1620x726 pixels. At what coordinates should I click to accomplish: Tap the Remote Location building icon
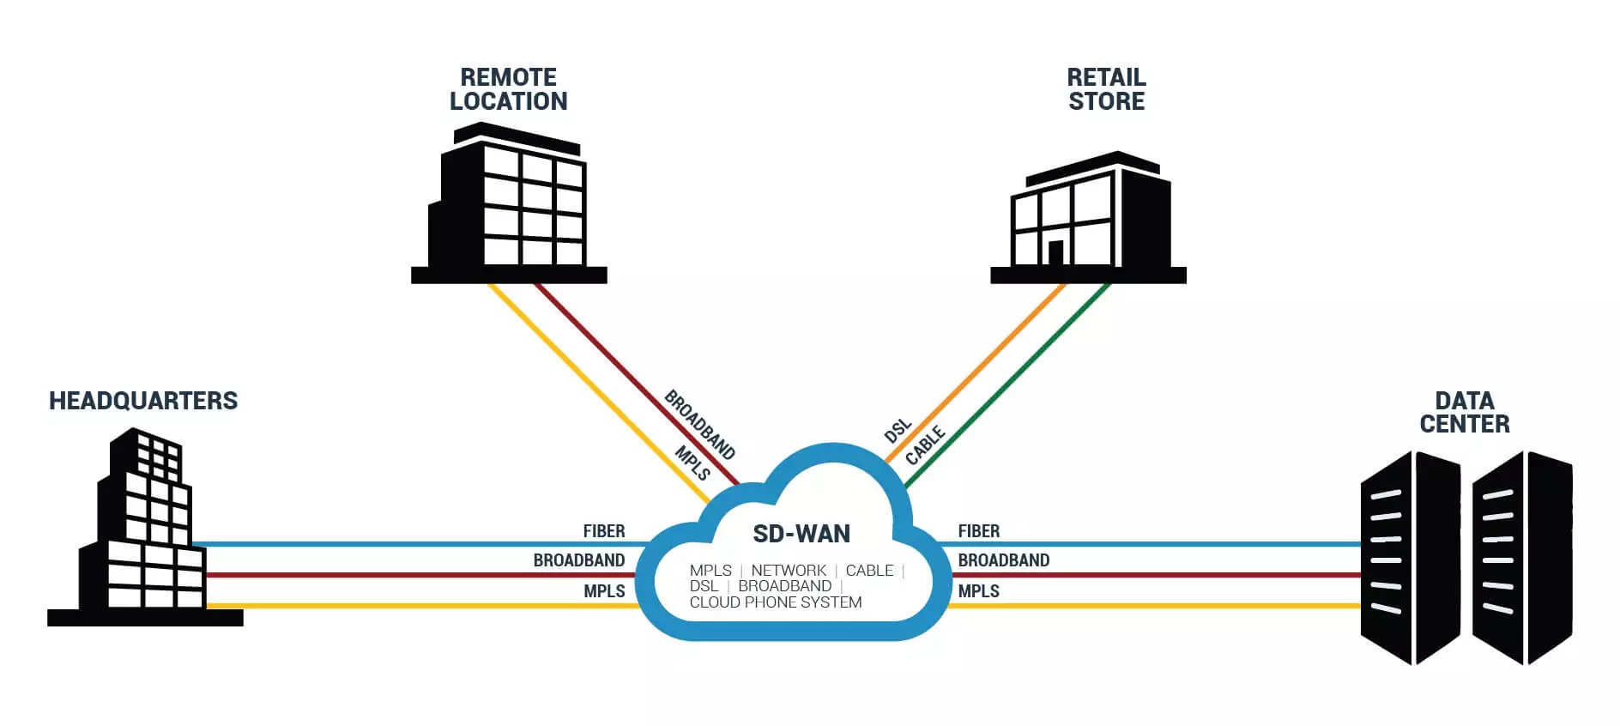(x=509, y=203)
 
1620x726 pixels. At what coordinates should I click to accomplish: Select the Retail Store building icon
(x=1088, y=217)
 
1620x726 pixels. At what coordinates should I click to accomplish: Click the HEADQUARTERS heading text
(x=143, y=401)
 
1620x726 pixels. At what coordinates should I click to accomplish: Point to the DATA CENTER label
(x=1465, y=412)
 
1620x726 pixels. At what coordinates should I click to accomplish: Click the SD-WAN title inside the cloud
(x=801, y=534)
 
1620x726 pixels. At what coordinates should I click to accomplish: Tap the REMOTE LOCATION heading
(x=509, y=89)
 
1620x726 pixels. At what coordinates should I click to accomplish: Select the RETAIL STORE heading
(x=1106, y=89)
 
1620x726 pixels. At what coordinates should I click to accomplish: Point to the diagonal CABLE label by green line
(x=925, y=445)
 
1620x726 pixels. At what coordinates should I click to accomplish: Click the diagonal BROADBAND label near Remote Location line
(x=700, y=425)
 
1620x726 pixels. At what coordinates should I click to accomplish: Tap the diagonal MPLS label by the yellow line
(x=692, y=463)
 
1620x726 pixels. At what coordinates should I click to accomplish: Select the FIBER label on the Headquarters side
(x=604, y=531)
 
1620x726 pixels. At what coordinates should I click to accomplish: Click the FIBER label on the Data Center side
(x=979, y=531)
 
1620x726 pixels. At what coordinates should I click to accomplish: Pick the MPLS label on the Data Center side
(x=979, y=591)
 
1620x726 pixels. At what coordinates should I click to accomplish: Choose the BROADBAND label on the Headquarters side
(x=579, y=560)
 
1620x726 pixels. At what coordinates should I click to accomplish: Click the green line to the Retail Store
(x=1007, y=386)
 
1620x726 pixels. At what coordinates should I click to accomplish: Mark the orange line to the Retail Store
(x=974, y=374)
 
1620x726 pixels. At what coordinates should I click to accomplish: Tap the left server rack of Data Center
(x=1411, y=558)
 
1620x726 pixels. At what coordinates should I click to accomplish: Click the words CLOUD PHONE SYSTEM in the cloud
(x=776, y=602)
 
